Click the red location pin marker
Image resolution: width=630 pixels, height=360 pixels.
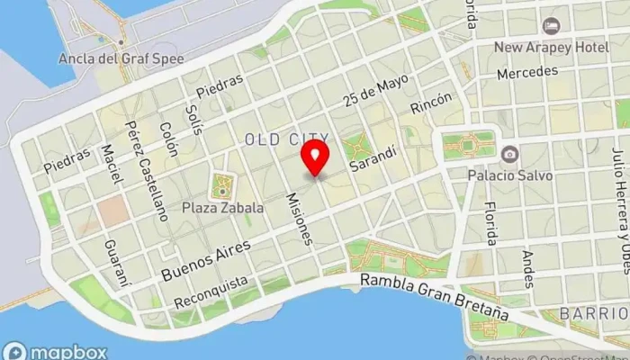tap(315, 158)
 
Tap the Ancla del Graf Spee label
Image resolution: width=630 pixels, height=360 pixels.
tap(133, 58)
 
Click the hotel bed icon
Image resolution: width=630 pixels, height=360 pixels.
tap(551, 23)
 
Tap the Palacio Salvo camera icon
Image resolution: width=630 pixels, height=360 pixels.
tap(509, 154)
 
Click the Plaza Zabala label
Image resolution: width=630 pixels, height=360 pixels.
tap(222, 207)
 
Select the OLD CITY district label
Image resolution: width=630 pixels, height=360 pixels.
tap(286, 139)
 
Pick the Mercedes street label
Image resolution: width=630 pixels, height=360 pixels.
tap(520, 71)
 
